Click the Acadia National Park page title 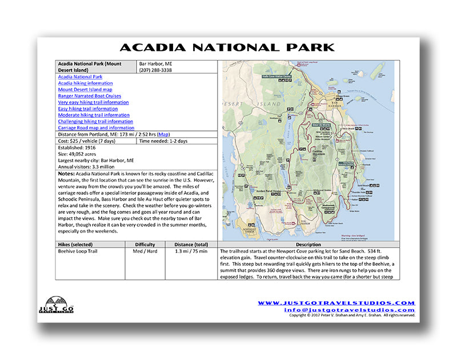[228, 48]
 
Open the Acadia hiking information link [85, 83]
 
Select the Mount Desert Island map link [85, 90]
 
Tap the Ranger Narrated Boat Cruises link [89, 96]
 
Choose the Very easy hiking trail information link [93, 102]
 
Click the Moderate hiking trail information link [94, 115]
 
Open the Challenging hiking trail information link [95, 121]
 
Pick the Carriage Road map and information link [96, 128]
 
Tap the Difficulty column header [145, 245]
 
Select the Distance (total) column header [191, 245]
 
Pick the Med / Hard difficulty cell [145, 251]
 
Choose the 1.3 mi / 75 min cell [191, 251]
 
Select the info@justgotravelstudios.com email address [349, 310]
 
